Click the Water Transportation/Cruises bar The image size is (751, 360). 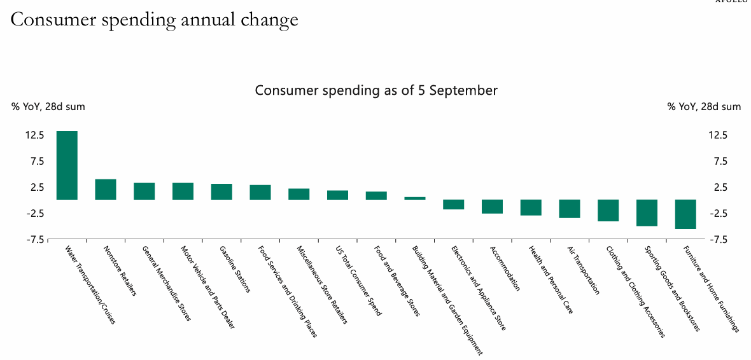tap(67, 165)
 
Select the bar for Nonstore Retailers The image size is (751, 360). tap(106, 190)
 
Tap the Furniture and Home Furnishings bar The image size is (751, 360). tap(685, 214)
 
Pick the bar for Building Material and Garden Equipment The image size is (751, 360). tap(415, 198)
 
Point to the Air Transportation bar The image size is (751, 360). tap(570, 209)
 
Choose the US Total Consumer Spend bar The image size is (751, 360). tap(337, 195)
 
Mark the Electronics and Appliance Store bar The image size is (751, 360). tap(454, 204)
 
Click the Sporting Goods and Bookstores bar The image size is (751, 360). tap(647, 212)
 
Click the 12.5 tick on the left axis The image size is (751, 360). tap(34, 135)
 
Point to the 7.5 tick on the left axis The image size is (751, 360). tap(36, 162)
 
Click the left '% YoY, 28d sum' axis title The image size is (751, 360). tap(48, 107)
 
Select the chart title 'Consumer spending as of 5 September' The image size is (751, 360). tap(376, 90)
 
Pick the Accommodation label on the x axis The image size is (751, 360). tap(505, 269)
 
